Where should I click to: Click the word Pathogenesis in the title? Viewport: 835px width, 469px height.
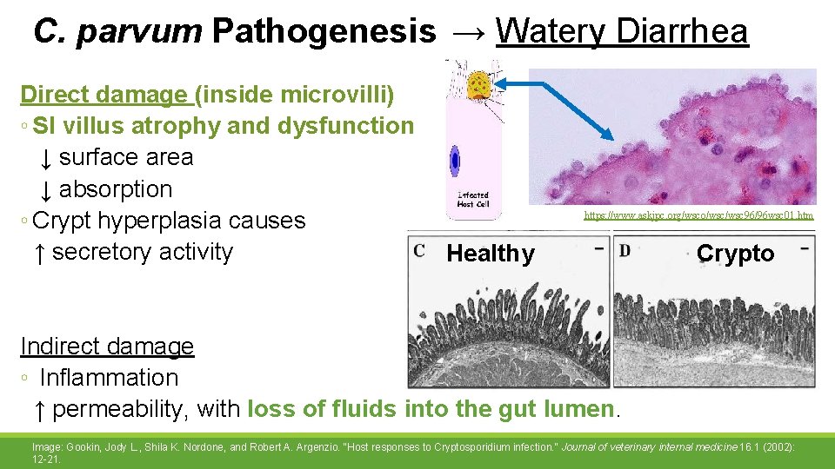click(x=324, y=31)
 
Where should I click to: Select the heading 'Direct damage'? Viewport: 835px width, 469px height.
click(x=104, y=94)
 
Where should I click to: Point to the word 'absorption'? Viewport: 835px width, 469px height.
click(x=116, y=188)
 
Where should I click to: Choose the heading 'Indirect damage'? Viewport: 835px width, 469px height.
click(x=107, y=346)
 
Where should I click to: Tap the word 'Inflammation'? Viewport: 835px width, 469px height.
click(x=109, y=378)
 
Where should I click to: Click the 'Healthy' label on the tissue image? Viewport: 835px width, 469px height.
click(x=491, y=254)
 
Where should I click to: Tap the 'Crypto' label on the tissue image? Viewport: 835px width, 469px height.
click(x=735, y=254)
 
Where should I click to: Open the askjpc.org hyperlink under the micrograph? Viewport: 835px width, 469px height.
click(x=698, y=214)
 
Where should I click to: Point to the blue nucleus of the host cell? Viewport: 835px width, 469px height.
click(x=455, y=161)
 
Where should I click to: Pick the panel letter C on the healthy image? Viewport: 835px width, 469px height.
click(x=419, y=250)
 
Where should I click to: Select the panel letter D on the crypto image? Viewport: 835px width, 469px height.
click(x=625, y=250)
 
